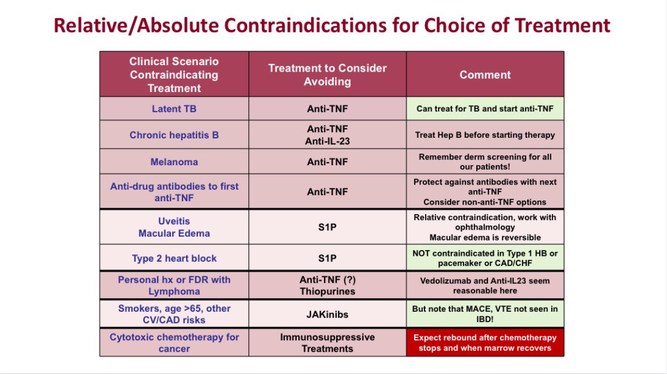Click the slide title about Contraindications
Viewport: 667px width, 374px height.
(x=332, y=26)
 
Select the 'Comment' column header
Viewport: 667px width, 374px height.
(x=485, y=74)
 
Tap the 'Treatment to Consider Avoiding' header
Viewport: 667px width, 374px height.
(x=327, y=75)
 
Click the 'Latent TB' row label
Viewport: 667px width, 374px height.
(x=174, y=109)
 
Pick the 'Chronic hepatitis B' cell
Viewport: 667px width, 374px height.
(x=174, y=135)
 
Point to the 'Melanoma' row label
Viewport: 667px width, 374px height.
(x=174, y=162)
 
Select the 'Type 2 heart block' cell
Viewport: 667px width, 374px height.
(x=174, y=258)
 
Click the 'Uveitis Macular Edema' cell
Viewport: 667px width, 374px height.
(x=174, y=227)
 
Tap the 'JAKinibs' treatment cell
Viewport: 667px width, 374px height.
(x=327, y=314)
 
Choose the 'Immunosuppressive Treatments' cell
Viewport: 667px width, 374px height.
(x=327, y=343)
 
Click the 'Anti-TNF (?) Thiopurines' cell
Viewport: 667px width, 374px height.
(x=327, y=285)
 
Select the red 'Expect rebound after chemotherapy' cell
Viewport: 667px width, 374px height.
(x=485, y=343)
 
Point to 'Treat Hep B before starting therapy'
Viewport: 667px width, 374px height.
(x=485, y=135)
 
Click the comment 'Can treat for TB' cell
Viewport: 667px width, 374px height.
(x=485, y=109)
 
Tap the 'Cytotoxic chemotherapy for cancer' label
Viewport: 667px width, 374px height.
(x=174, y=343)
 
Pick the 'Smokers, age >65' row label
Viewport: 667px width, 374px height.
(x=174, y=314)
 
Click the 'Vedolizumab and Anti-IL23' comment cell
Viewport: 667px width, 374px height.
(x=485, y=285)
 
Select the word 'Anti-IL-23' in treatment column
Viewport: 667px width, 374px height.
(x=327, y=141)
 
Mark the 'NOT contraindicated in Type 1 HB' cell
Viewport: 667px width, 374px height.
(x=485, y=258)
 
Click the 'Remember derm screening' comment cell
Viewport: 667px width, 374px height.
(x=485, y=162)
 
